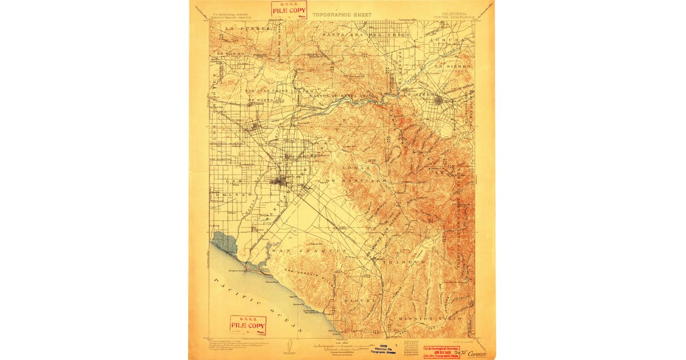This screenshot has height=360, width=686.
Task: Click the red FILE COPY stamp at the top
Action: click(289, 10)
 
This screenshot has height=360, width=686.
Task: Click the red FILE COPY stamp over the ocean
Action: click(248, 325)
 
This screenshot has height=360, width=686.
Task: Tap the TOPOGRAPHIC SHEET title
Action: click(350, 15)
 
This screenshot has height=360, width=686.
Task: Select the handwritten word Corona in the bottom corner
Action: click(477, 353)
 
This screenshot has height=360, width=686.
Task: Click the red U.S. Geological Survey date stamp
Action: click(441, 350)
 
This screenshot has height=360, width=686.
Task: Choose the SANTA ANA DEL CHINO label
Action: click(366, 35)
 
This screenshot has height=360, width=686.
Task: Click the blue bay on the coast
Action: click(224, 241)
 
